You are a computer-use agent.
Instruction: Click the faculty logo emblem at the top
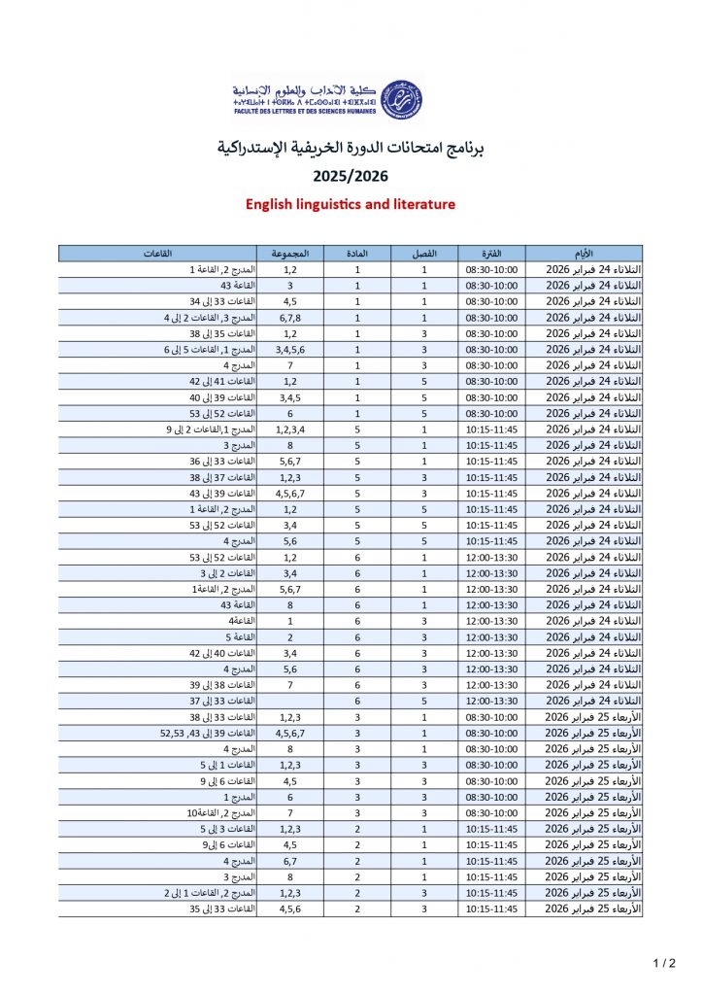click(398, 99)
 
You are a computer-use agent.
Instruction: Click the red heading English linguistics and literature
click(351, 205)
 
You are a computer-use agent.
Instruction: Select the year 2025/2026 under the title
click(350, 177)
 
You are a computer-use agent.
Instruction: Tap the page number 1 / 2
click(664, 964)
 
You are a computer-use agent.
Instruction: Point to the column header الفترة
click(491, 254)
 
